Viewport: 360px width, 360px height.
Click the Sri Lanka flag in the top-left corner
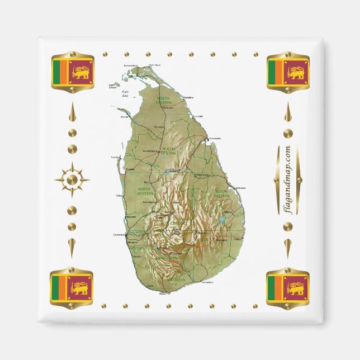coord(72,72)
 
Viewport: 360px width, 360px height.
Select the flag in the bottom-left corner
coord(72,288)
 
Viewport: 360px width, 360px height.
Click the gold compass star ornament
coord(72,179)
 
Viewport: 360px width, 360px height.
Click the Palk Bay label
coord(126,96)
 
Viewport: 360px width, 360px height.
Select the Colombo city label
coord(119,235)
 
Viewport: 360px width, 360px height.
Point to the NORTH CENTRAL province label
coord(168,150)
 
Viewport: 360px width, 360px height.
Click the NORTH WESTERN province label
coord(145,191)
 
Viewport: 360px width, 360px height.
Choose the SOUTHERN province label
coord(176,280)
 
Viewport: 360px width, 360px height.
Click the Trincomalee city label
coord(215,139)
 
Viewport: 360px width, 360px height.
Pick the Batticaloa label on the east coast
coord(240,188)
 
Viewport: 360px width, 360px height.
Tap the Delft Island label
coord(112,86)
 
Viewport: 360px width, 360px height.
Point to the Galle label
coord(149,286)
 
